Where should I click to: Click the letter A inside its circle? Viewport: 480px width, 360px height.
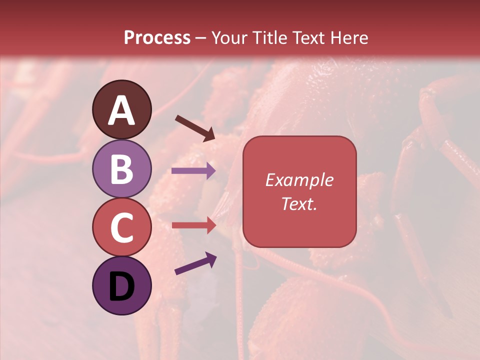click(x=122, y=111)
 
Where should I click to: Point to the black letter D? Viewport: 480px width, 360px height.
click(x=122, y=287)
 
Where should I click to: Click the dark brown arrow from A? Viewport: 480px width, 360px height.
click(x=195, y=127)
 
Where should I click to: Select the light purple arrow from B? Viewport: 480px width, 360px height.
click(x=193, y=170)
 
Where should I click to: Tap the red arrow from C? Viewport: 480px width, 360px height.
click(x=193, y=225)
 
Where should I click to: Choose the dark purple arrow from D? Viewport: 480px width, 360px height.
click(x=195, y=263)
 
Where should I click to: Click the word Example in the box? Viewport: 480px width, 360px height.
click(x=299, y=180)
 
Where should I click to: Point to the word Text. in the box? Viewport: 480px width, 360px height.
click(x=299, y=203)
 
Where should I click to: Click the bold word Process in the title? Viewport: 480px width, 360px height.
click(x=157, y=38)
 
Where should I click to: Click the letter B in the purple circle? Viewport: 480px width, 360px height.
click(x=122, y=169)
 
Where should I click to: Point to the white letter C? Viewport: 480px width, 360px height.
click(x=122, y=228)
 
